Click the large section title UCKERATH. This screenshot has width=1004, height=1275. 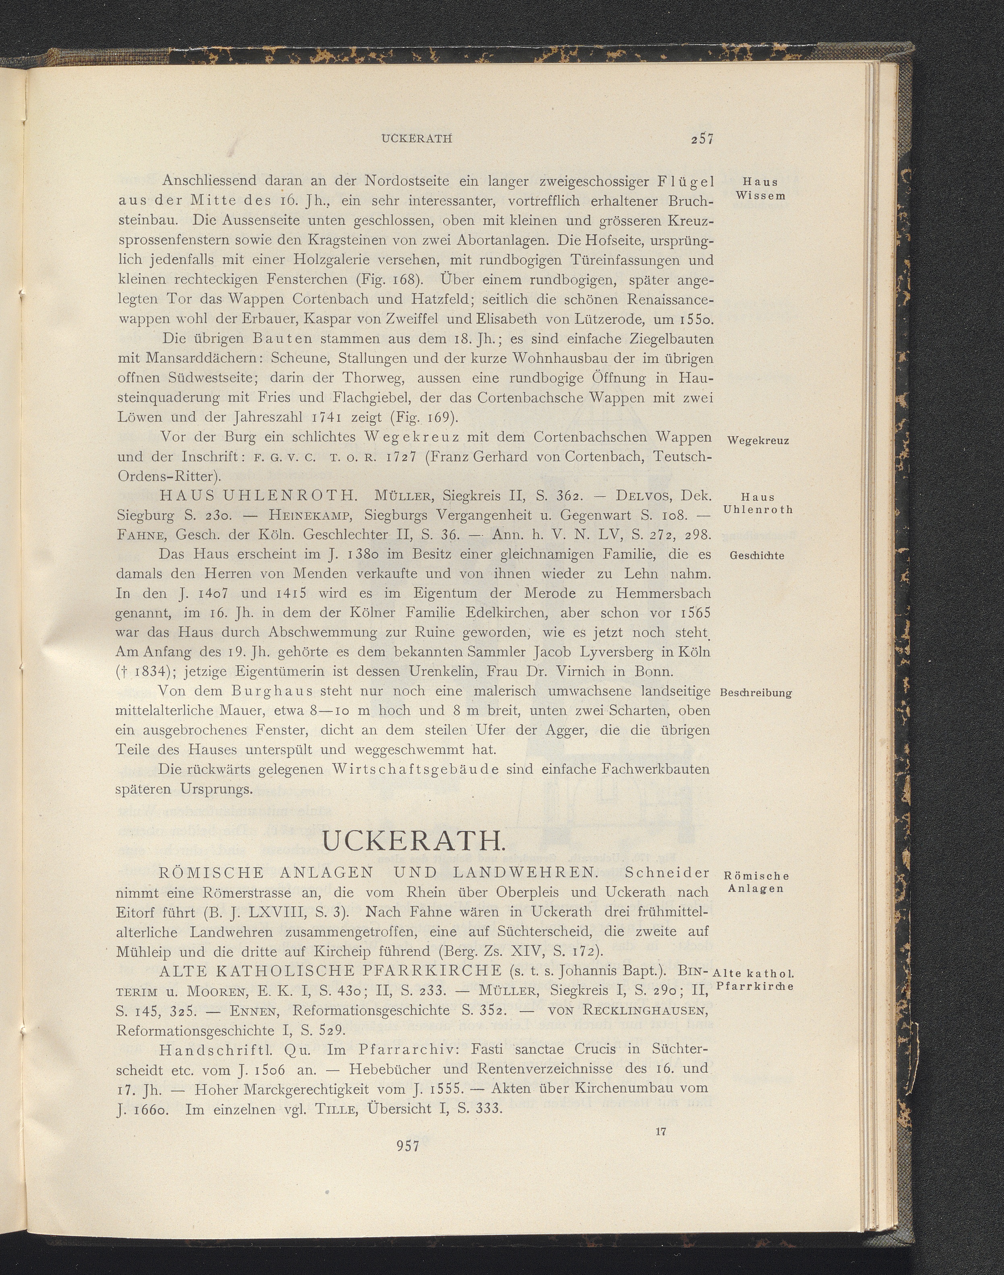[413, 842]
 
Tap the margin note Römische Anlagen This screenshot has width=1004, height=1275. [757, 882]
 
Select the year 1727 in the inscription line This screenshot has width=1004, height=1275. [395, 456]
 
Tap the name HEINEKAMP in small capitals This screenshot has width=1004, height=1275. [310, 515]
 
